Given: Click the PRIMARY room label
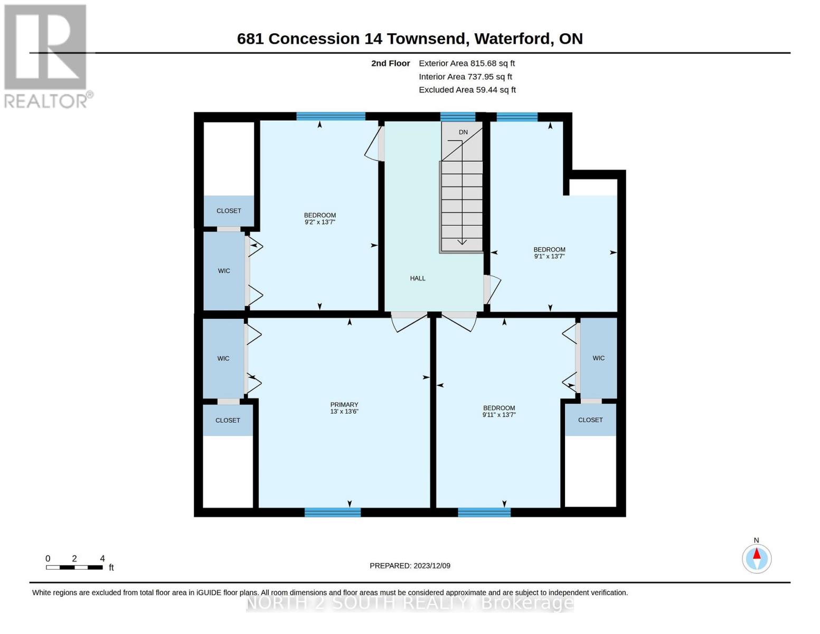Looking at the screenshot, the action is click(344, 404).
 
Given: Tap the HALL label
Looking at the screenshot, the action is click(417, 278).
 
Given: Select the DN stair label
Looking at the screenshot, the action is click(463, 132).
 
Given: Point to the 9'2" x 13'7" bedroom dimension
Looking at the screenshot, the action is click(319, 222).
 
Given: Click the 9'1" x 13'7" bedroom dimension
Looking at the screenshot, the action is click(549, 256).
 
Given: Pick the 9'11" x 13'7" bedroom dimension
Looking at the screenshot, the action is click(499, 415).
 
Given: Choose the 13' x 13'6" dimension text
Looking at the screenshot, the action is click(344, 412).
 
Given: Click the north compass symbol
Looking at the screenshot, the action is click(756, 558).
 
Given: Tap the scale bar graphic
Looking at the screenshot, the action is click(74, 567).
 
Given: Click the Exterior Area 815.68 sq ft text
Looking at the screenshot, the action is click(466, 63).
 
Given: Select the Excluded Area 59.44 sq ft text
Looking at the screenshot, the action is click(467, 90).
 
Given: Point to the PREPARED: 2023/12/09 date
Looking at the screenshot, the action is click(410, 566).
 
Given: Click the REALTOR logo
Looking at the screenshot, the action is click(47, 57).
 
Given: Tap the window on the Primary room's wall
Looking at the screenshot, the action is click(333, 512).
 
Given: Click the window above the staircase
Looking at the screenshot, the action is click(457, 117).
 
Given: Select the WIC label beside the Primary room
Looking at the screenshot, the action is click(223, 358).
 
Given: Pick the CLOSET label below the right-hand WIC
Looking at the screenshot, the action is click(590, 420).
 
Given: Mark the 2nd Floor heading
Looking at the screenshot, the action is click(390, 63).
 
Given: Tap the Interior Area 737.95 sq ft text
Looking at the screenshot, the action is click(465, 77).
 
